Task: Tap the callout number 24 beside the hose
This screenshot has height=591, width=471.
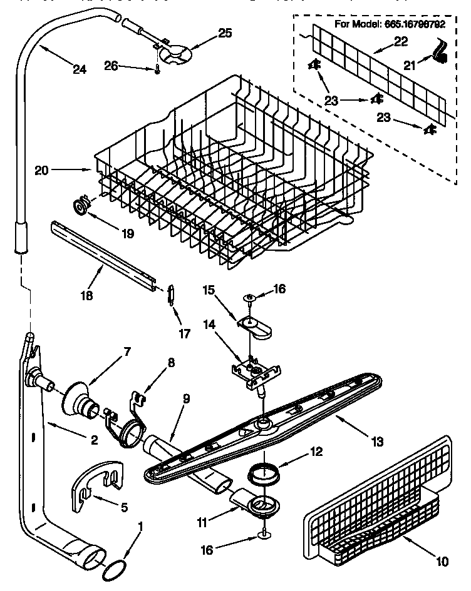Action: coord(79,69)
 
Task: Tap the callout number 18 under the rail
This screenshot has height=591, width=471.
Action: coord(88,295)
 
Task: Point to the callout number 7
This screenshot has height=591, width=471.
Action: coord(127,351)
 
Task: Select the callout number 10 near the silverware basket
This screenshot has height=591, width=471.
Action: coord(443,562)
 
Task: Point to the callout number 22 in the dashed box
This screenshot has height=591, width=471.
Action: coord(400,42)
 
